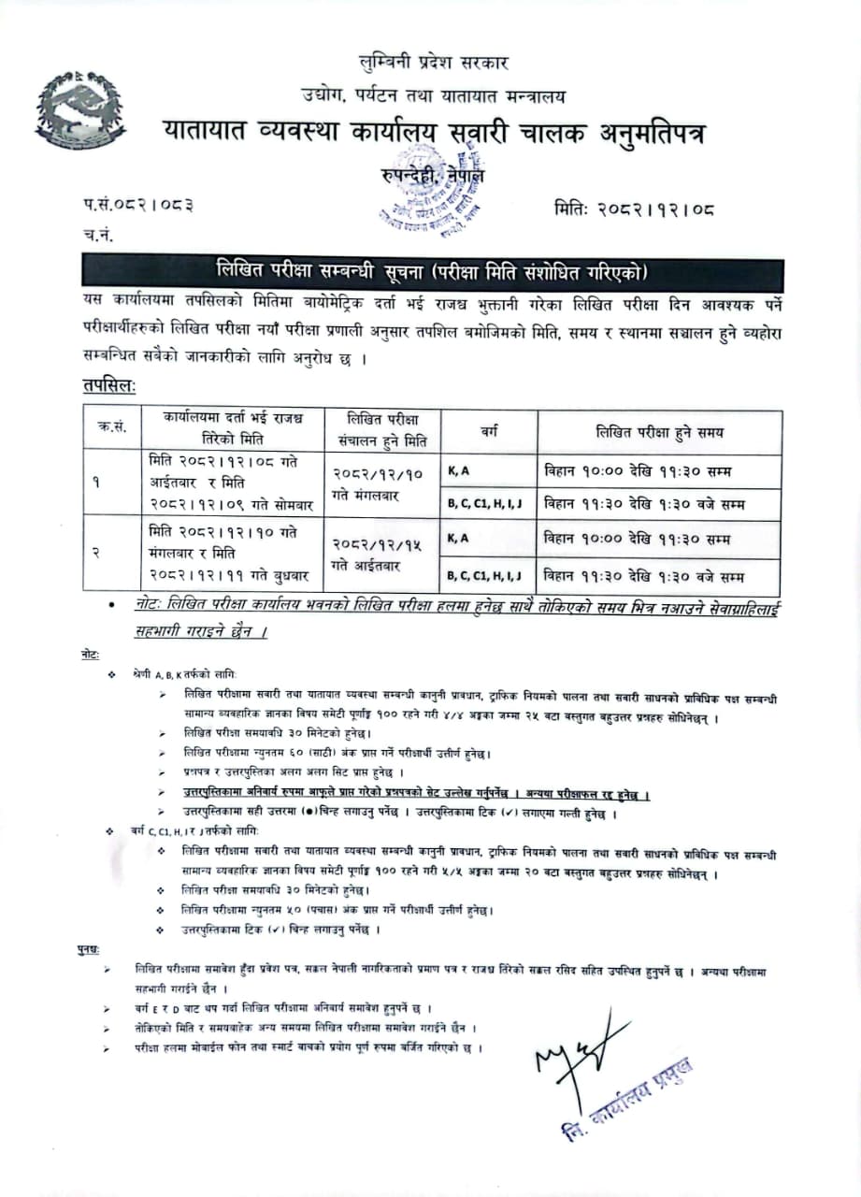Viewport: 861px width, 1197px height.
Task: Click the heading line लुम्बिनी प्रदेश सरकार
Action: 434,64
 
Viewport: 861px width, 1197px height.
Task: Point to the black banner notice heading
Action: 432,273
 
